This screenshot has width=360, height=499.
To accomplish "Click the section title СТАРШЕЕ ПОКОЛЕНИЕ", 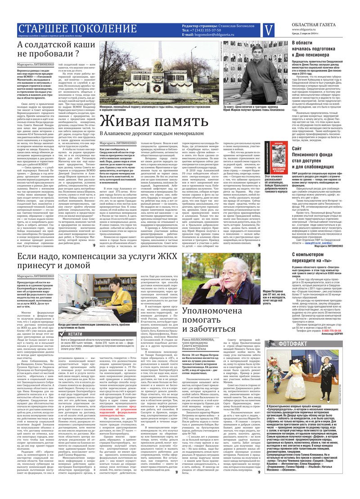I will click(77, 29).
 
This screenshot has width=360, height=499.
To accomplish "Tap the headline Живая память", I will click(148, 122).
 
